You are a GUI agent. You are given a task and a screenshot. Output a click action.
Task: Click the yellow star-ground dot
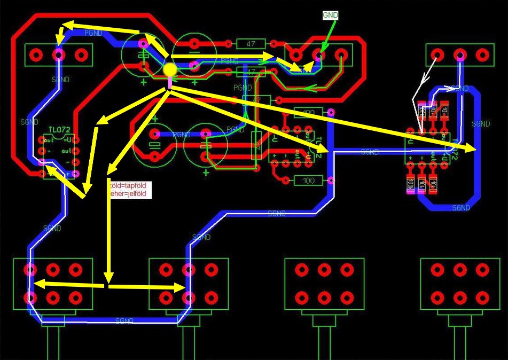click(170, 69)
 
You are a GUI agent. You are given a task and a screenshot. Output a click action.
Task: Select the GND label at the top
click(331, 15)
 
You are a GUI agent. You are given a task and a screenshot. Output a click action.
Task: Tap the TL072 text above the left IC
click(59, 130)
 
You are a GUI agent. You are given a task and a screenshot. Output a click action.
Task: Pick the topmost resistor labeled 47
click(251, 44)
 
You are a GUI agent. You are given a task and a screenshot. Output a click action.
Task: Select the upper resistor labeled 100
click(309, 113)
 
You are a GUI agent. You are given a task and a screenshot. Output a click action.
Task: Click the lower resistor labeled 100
click(309, 181)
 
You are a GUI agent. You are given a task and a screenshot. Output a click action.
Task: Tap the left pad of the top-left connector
click(36, 54)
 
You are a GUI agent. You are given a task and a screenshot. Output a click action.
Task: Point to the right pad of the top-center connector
click(342, 54)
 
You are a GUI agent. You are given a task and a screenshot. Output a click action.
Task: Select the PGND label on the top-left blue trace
click(93, 33)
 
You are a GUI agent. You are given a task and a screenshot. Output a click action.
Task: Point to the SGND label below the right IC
click(461, 207)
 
